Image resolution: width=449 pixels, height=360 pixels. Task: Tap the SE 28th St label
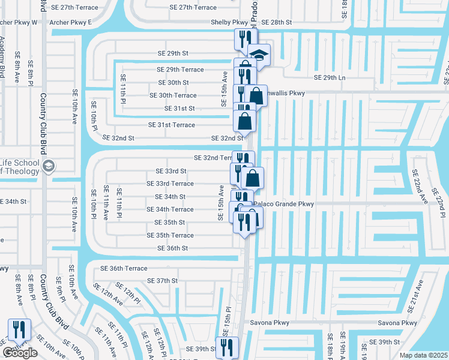(x=277, y=22)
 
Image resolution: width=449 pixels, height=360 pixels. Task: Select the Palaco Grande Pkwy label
(x=283, y=204)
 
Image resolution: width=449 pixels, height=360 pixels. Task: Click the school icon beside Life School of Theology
(x=48, y=166)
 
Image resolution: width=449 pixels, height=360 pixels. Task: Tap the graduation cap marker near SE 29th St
(x=259, y=55)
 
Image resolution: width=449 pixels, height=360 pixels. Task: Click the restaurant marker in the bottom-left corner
(x=19, y=329)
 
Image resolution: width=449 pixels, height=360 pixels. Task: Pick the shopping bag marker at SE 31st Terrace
(x=245, y=121)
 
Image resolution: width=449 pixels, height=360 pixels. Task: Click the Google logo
(x=19, y=353)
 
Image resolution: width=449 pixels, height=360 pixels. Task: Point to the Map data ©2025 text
(x=424, y=355)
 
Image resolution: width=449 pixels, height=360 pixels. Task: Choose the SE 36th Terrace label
(x=124, y=268)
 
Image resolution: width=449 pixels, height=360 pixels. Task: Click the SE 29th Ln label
(x=330, y=78)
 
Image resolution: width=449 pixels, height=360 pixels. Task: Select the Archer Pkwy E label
(x=72, y=22)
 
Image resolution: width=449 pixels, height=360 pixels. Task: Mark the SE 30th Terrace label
(x=173, y=95)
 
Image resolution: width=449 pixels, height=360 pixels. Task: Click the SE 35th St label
(x=170, y=222)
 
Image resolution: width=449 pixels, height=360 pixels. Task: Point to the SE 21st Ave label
(x=415, y=296)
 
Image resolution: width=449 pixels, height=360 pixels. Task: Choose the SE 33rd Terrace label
(x=170, y=184)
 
